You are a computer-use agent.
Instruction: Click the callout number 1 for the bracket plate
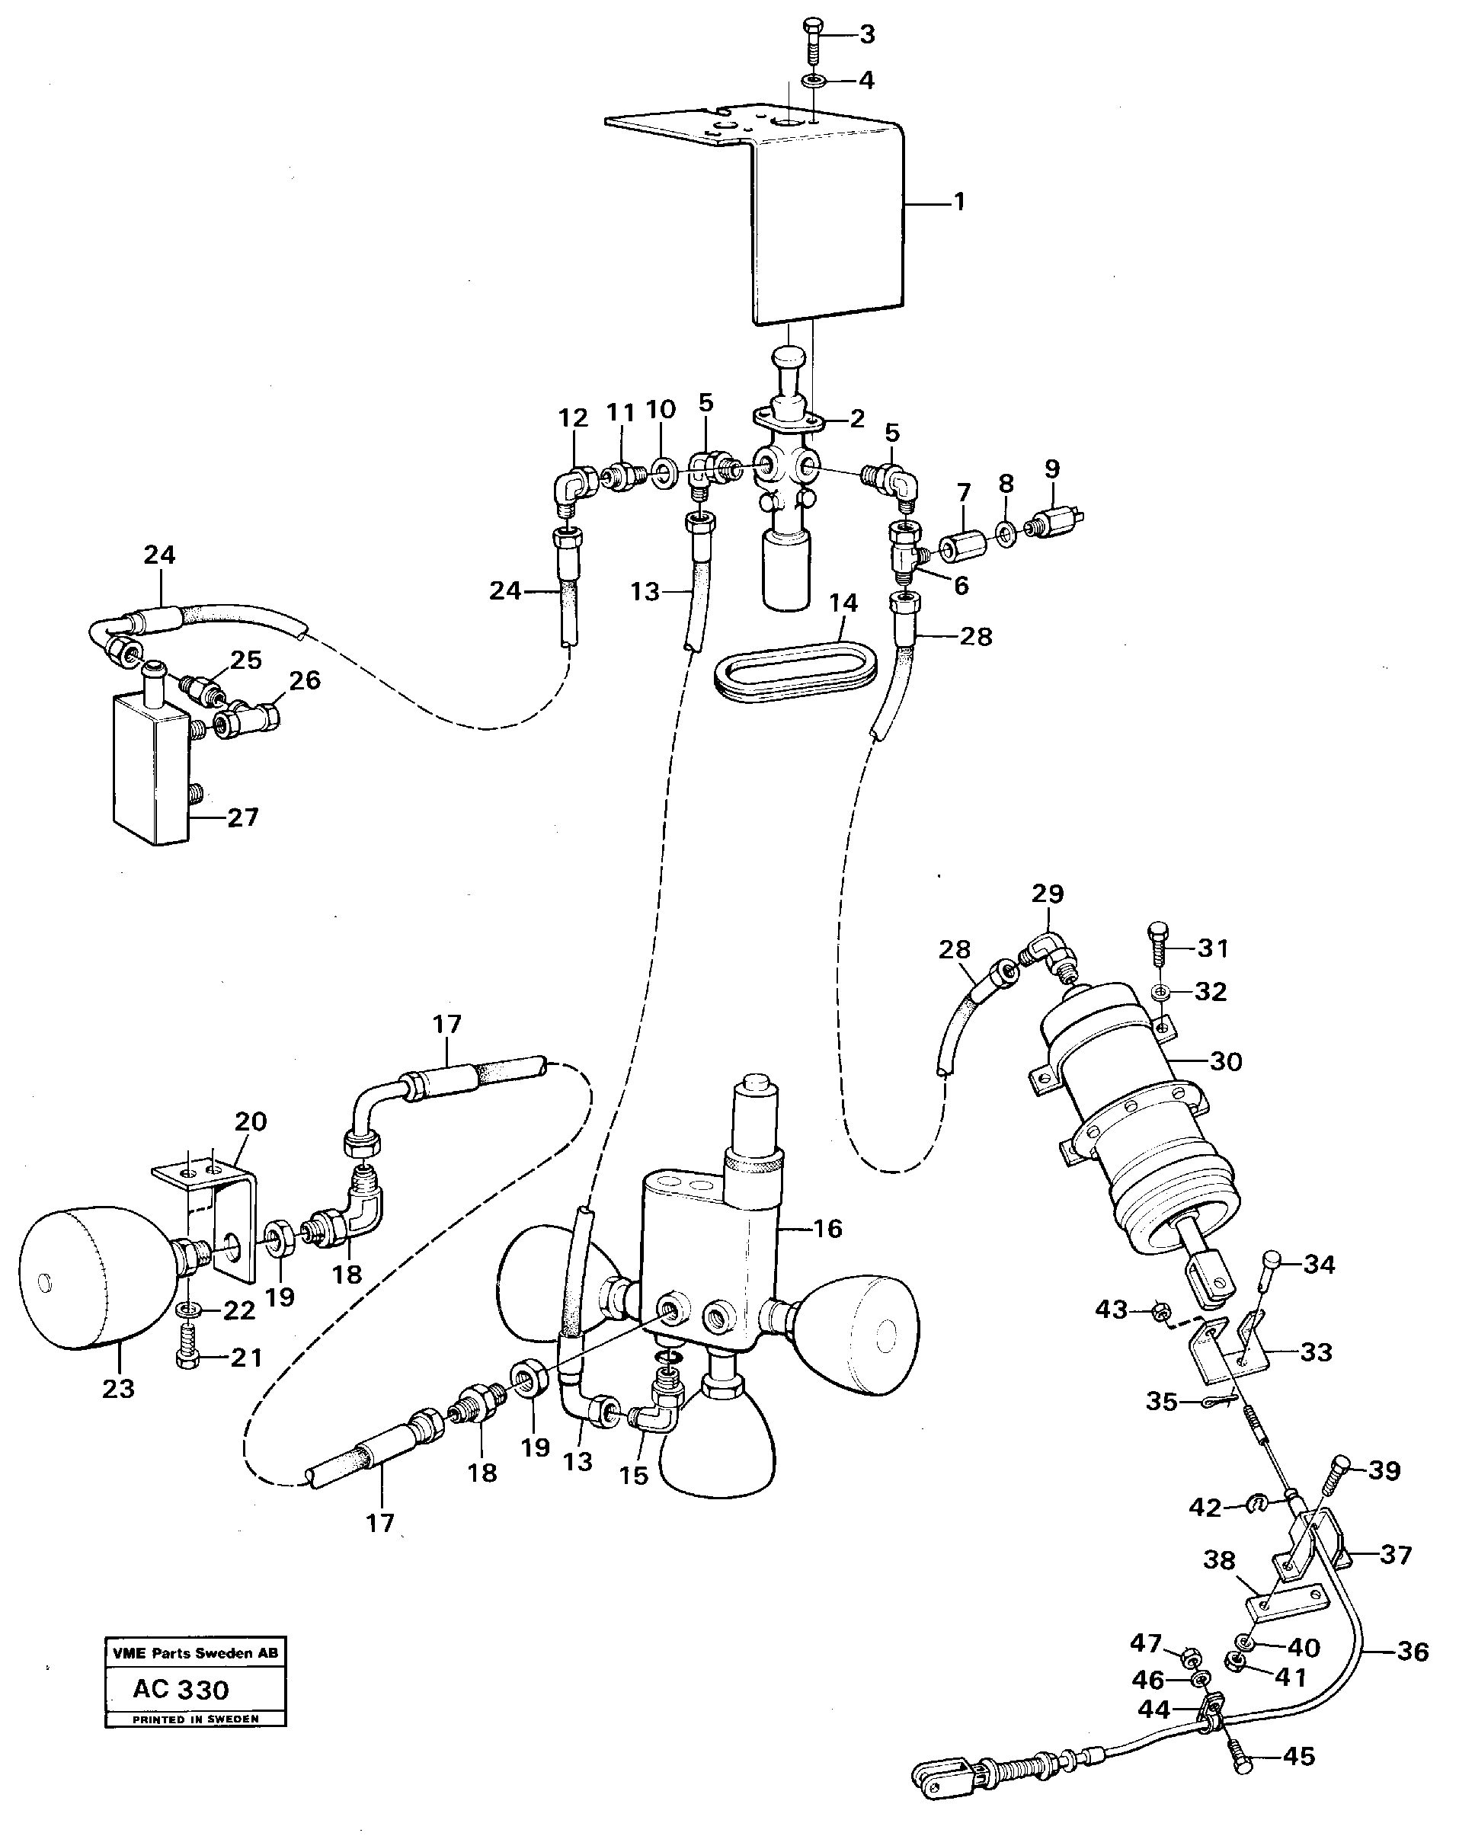959,203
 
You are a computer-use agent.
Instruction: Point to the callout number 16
827,1228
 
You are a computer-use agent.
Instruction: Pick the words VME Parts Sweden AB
195,1653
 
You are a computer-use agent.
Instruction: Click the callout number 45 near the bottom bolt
1298,1756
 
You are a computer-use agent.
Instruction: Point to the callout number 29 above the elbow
1048,894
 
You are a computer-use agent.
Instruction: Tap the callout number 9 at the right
1052,469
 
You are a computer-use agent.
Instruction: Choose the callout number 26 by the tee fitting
304,680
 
